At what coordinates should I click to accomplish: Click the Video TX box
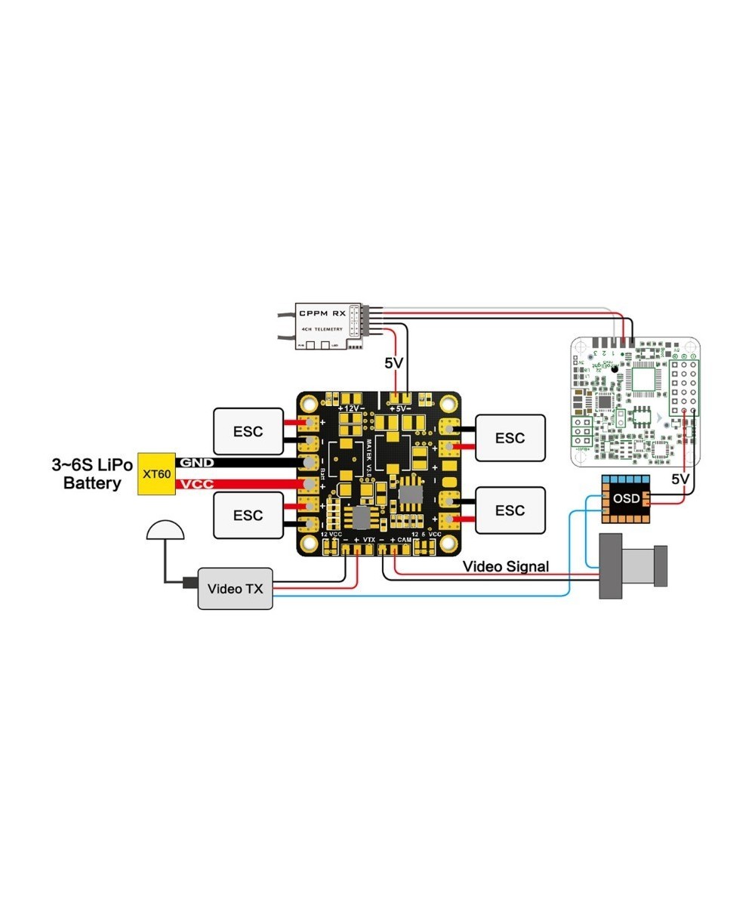pos(235,587)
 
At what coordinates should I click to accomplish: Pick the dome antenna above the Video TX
pos(165,532)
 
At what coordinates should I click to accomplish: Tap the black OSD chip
pos(626,500)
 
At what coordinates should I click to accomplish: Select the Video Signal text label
pos(505,565)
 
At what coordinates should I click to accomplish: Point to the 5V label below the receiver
pos(394,363)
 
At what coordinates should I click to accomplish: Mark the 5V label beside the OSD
pos(680,479)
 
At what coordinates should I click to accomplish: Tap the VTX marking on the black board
pos(368,541)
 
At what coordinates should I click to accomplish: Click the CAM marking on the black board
pos(405,541)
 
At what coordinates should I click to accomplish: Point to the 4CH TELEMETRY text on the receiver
pos(322,329)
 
